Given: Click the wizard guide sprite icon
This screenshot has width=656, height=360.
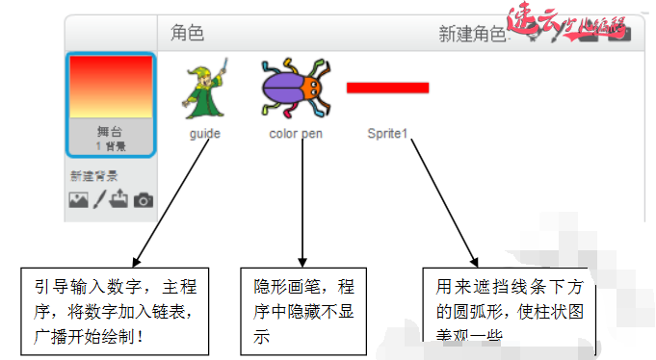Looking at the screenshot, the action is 205,89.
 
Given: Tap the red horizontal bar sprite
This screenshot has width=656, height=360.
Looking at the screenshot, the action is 387,88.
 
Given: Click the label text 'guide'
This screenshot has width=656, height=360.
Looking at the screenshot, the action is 205,134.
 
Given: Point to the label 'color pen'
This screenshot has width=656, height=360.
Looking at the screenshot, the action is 296,134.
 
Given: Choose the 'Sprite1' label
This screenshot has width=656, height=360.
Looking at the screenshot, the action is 387,134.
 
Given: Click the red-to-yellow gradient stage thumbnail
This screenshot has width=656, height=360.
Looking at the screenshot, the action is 111,87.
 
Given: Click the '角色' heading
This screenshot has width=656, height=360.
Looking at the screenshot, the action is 188,34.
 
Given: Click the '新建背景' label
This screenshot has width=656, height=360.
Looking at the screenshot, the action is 93,176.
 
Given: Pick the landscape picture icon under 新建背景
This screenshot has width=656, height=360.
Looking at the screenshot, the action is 79,199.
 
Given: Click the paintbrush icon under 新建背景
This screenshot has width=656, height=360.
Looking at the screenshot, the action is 100,199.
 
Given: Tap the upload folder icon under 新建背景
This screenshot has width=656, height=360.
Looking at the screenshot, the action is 120,199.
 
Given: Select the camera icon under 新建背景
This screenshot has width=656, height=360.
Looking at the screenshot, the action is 144,199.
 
